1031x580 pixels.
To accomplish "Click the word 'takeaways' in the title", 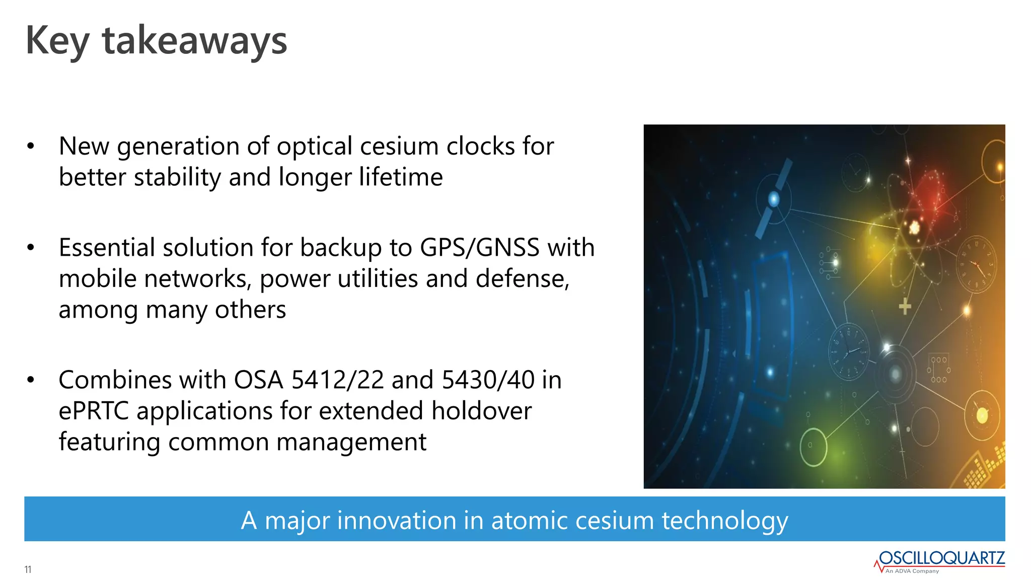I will (194, 40).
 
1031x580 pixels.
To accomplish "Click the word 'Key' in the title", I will (57, 40).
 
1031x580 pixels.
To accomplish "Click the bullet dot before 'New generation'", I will (31, 147).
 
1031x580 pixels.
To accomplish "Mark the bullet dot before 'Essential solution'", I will (31, 248).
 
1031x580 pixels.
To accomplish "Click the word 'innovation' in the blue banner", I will (396, 520).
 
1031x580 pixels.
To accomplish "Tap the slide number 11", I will (28, 569).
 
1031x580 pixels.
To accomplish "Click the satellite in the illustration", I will (774, 199).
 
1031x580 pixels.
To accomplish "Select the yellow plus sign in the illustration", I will (905, 306).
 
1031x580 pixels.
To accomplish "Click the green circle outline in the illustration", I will (813, 447).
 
